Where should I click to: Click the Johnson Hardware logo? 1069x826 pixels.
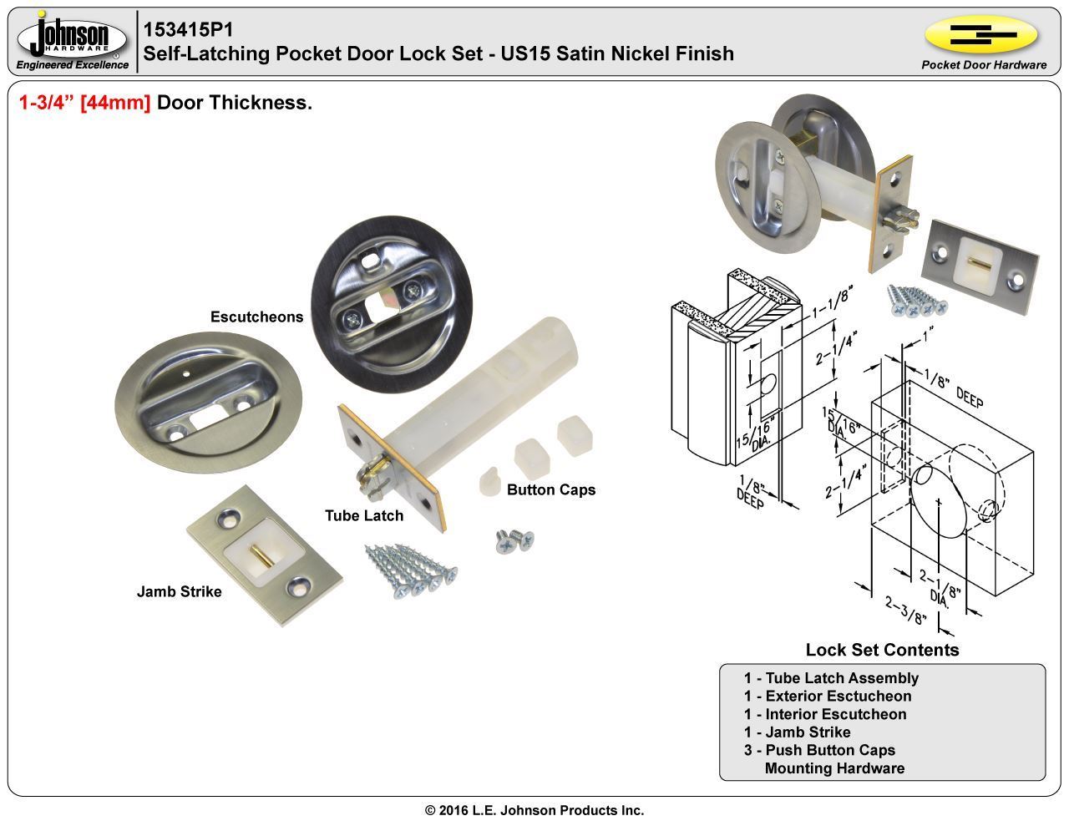pyautogui.click(x=73, y=40)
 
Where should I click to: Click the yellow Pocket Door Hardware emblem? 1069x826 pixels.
pyautogui.click(x=981, y=35)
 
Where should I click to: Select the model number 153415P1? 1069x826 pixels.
pyautogui.click(x=188, y=29)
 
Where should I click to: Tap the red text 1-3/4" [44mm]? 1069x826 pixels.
pyautogui.click(x=84, y=103)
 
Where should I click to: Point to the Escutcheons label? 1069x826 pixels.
pyautogui.click(x=256, y=317)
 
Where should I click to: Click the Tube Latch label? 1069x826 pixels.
pyautogui.click(x=364, y=516)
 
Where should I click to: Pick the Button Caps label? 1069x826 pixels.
pyautogui.click(x=551, y=490)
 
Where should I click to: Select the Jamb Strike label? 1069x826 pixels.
pyautogui.click(x=179, y=592)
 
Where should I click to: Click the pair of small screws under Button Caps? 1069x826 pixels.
pyautogui.click(x=514, y=540)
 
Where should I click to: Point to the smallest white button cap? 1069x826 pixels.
pyautogui.click(x=488, y=483)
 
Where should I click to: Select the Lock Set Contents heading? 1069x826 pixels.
pyautogui.click(x=882, y=650)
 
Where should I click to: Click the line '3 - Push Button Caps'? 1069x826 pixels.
pyautogui.click(x=819, y=750)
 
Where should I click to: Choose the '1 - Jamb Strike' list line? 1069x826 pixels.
pyautogui.click(x=797, y=732)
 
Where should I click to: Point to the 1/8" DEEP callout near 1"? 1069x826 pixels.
pyautogui.click(x=952, y=388)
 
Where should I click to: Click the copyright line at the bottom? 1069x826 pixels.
pyautogui.click(x=534, y=810)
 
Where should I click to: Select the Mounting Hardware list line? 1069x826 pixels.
pyautogui.click(x=834, y=768)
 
